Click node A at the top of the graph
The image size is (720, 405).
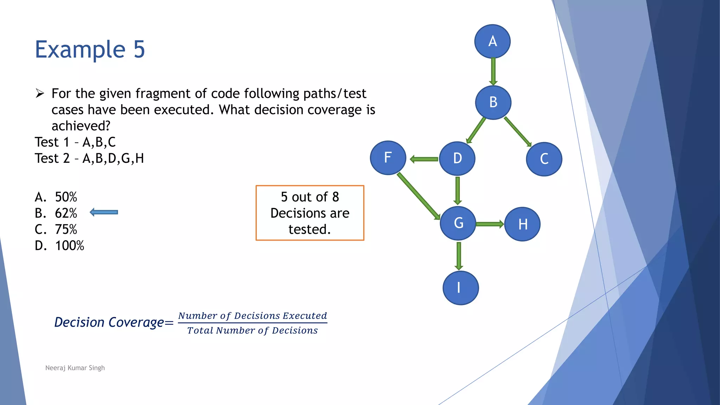(x=492, y=41)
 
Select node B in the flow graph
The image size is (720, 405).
(x=493, y=102)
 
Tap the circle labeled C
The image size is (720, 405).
(x=544, y=159)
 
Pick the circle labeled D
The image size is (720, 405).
(x=457, y=159)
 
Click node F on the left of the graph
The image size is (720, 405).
(x=388, y=157)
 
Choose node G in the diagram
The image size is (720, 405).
(x=458, y=223)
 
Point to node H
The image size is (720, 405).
(x=522, y=224)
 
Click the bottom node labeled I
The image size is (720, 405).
(x=460, y=288)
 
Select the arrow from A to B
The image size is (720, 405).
(x=493, y=72)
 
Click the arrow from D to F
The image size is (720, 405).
(x=424, y=159)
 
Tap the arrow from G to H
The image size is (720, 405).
(x=490, y=224)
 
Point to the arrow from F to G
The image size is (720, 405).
(x=419, y=196)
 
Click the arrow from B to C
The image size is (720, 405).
(x=517, y=131)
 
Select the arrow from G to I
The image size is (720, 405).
(x=459, y=256)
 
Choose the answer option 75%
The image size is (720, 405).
(x=66, y=230)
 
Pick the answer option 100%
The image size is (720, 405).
(x=69, y=246)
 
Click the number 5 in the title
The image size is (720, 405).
(x=139, y=49)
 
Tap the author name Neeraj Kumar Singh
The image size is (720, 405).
(x=75, y=368)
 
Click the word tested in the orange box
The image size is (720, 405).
(x=309, y=230)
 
